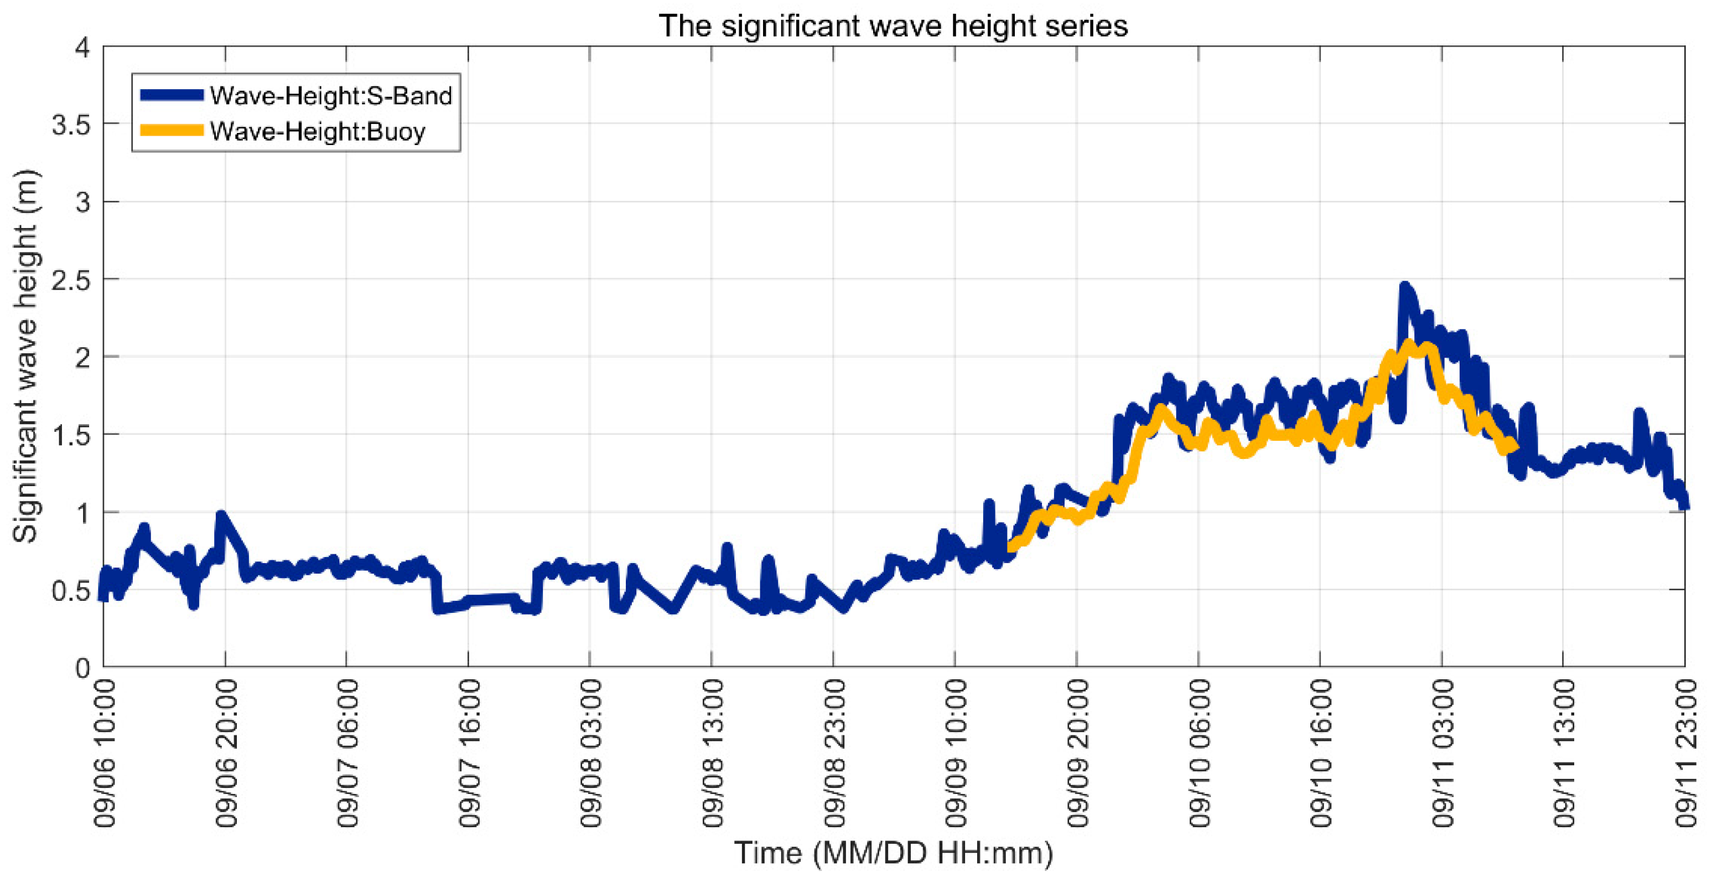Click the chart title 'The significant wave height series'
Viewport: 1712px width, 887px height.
[893, 27]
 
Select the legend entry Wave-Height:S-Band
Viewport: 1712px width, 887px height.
[330, 96]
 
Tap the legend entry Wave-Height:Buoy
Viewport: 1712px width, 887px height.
[317, 132]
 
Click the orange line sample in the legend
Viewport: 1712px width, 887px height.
[172, 130]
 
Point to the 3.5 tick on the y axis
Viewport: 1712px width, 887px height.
[71, 125]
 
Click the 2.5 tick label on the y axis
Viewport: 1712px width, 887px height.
[71, 279]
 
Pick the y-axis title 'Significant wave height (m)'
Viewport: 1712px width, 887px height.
[27, 355]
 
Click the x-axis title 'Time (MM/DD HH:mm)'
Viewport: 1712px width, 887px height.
[893, 853]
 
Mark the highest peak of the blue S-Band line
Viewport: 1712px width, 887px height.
[1404, 286]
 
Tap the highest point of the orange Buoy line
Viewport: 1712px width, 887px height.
[1408, 344]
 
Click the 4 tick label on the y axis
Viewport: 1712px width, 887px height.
[82, 48]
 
